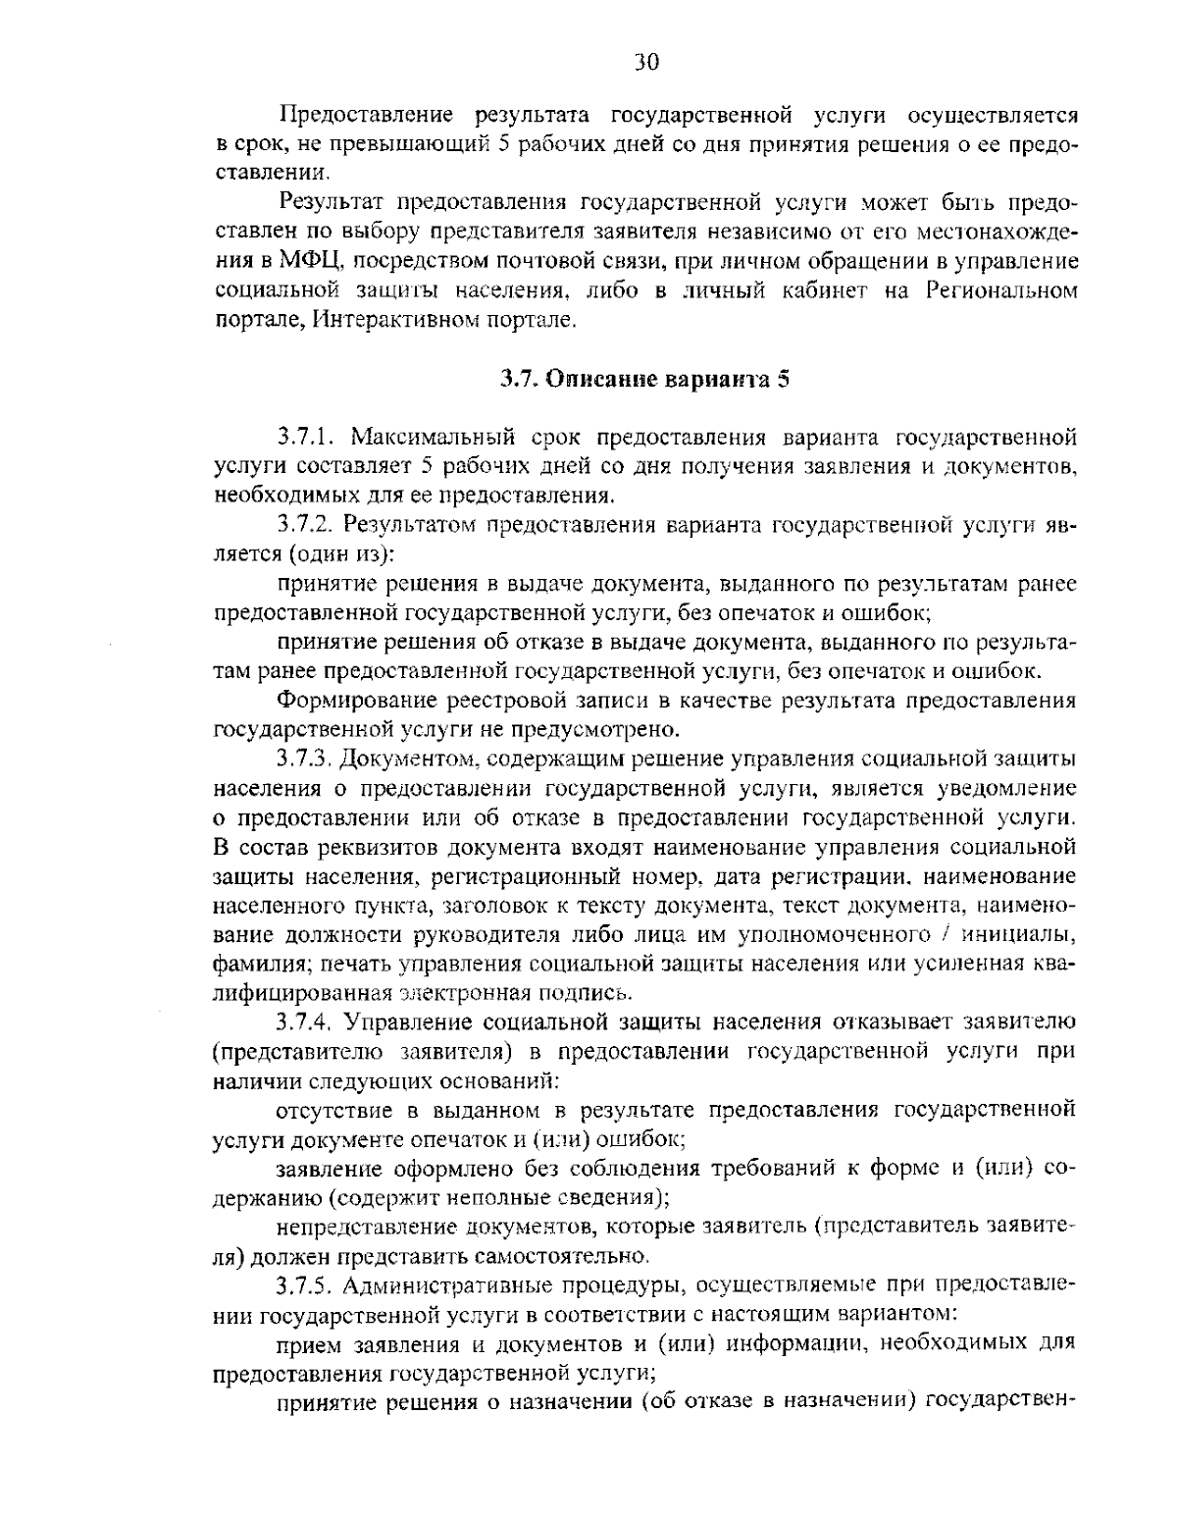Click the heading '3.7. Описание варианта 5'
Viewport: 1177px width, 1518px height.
[x=645, y=379]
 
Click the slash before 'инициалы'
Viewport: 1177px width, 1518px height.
[x=941, y=934]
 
